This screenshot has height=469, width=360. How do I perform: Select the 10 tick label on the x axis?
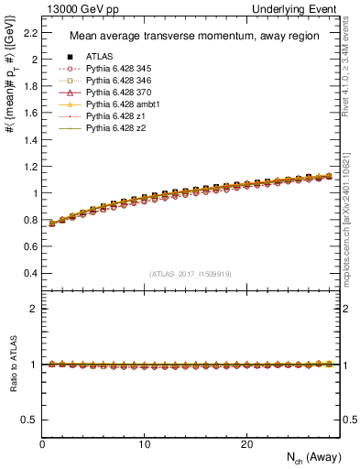pos(145,445)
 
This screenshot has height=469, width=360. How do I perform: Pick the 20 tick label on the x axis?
pos(246,445)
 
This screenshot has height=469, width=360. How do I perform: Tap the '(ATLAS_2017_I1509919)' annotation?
pos(191,273)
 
